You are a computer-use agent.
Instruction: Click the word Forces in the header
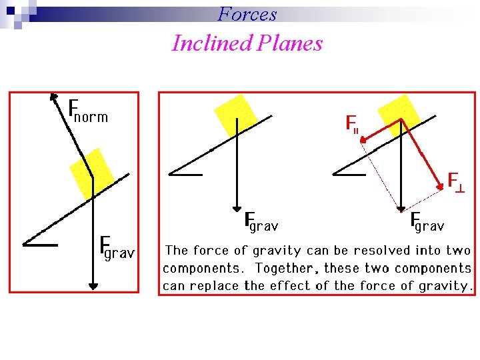click(247, 13)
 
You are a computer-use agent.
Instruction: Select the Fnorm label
click(88, 111)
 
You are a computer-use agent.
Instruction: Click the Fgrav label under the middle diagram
click(261, 221)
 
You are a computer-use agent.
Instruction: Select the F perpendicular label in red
click(456, 181)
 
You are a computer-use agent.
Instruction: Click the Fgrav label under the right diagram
click(427, 221)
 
